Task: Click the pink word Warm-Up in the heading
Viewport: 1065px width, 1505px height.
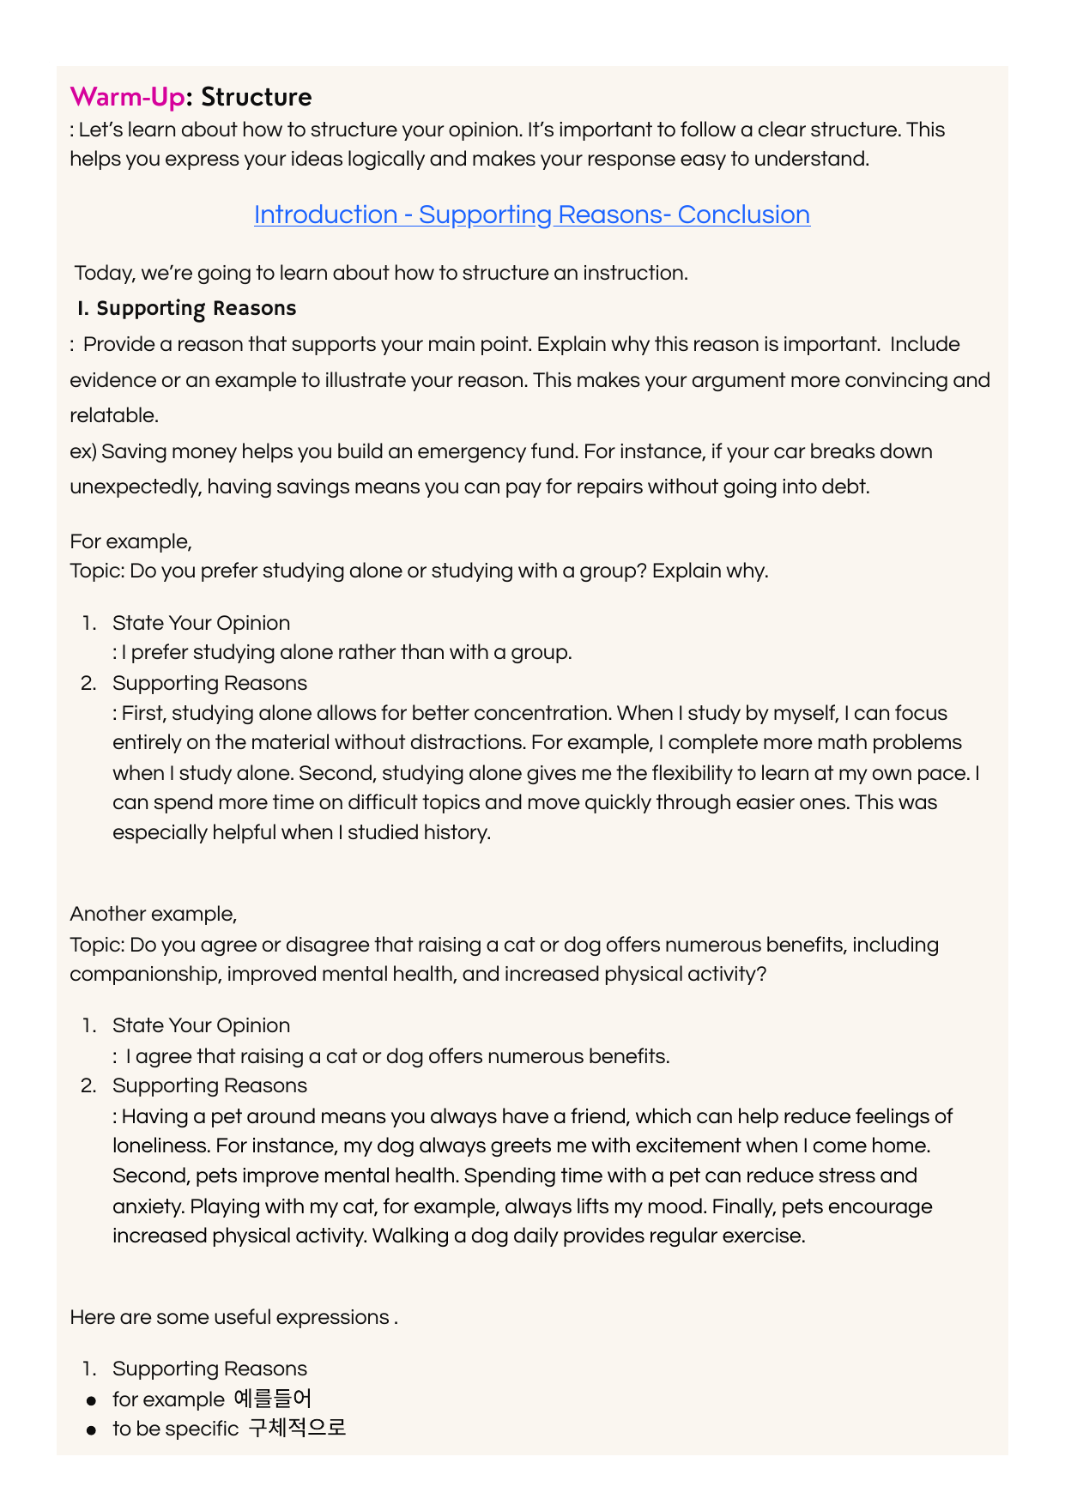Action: (x=127, y=97)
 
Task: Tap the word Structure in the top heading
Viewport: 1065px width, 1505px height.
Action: (x=256, y=97)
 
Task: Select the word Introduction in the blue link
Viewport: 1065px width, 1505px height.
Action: (x=325, y=215)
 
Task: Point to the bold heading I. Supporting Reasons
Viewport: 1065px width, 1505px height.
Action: (x=186, y=308)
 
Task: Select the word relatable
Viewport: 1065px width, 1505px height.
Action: (x=113, y=416)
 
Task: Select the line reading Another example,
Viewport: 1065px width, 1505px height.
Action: (x=153, y=914)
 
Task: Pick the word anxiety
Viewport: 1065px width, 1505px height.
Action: (x=148, y=1206)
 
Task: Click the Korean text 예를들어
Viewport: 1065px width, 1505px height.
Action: (x=272, y=1399)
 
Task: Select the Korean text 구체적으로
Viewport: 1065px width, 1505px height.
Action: (x=297, y=1429)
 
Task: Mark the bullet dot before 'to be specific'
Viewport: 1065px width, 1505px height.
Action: (x=91, y=1430)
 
